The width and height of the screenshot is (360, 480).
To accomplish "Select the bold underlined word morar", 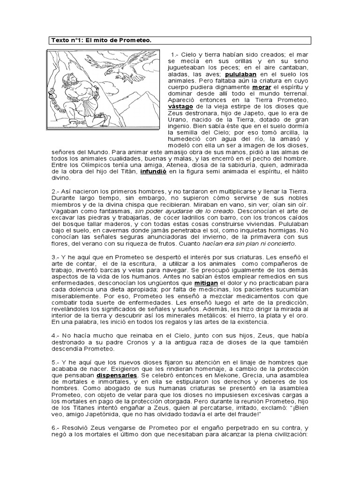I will [262, 87].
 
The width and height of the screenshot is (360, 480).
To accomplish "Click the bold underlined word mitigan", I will [206, 283].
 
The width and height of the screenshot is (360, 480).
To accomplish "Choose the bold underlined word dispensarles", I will [117, 375].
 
